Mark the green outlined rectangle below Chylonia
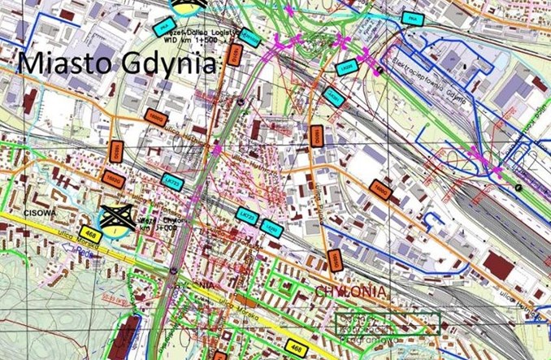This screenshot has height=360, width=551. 387,323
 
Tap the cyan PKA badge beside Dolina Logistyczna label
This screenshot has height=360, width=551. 162,28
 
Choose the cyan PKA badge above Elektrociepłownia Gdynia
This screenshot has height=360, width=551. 414,20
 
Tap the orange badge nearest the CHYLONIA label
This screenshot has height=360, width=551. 333,260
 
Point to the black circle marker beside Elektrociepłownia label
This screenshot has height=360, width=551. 379,71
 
